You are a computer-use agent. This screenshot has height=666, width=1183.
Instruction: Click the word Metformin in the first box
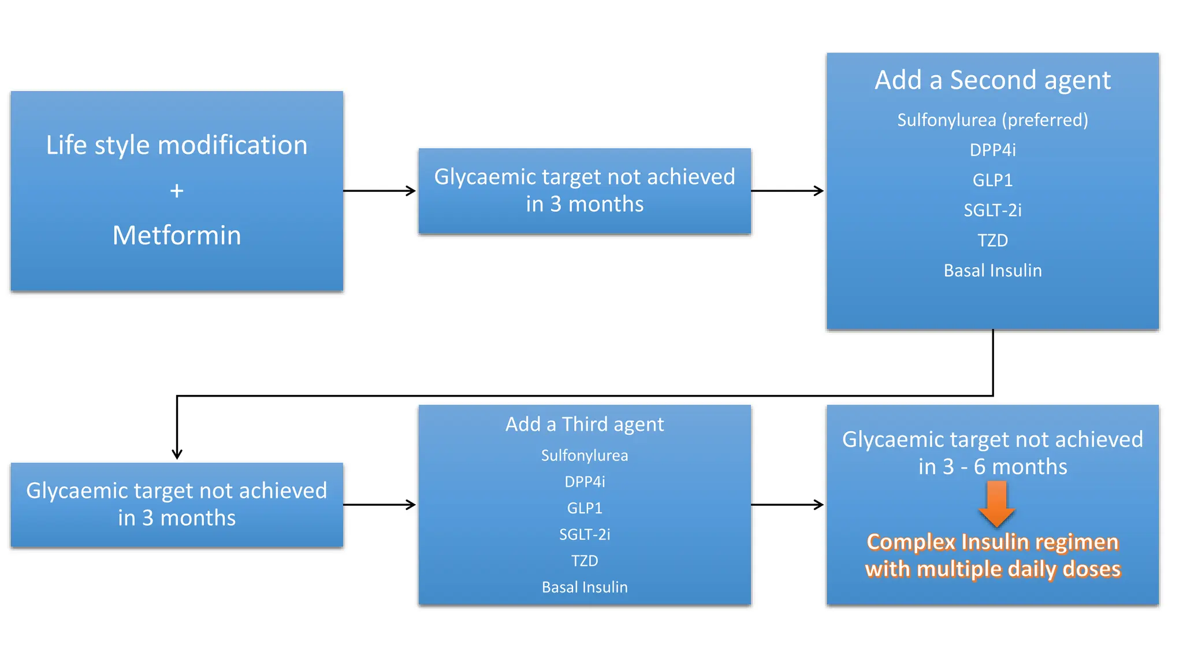click(x=177, y=235)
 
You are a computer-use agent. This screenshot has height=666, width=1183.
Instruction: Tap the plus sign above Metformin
click(x=177, y=191)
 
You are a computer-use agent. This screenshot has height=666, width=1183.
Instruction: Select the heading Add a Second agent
click(x=992, y=80)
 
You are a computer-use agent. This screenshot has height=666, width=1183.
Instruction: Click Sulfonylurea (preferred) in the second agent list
click(x=992, y=120)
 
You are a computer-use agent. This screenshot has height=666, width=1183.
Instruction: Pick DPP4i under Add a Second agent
click(x=992, y=150)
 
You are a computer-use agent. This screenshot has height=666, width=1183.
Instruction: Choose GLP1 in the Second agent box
click(x=992, y=180)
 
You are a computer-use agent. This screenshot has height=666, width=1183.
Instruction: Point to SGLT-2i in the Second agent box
click(x=992, y=210)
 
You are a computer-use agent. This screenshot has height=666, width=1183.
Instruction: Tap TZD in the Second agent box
click(x=992, y=240)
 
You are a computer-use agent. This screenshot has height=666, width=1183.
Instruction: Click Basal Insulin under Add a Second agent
click(x=992, y=271)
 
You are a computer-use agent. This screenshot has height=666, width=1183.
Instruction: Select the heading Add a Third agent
click(x=585, y=424)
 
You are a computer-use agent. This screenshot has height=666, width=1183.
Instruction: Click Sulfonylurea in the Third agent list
click(x=585, y=456)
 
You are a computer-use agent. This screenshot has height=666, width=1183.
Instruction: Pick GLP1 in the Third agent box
click(x=585, y=508)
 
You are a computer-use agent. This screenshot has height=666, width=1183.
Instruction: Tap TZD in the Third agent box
click(x=585, y=561)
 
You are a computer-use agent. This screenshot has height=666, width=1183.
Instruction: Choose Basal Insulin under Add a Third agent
click(x=585, y=587)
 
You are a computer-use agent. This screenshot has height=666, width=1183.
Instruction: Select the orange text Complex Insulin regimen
click(x=992, y=542)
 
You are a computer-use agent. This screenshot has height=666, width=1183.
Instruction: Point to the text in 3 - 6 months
click(x=992, y=467)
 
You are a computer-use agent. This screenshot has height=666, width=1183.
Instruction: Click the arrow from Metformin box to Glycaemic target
click(x=380, y=191)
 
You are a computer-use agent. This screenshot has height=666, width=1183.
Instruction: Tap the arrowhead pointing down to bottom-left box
click(x=177, y=454)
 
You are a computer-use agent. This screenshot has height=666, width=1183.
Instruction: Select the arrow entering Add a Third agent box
click(x=380, y=505)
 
